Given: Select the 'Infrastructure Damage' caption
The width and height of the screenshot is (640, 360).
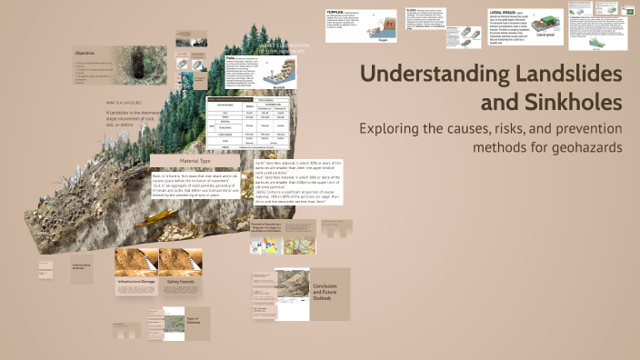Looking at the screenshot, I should click(136, 282).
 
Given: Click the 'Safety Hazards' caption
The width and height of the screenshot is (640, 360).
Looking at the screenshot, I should click(180, 282).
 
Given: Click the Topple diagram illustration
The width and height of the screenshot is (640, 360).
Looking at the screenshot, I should click(382, 28).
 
